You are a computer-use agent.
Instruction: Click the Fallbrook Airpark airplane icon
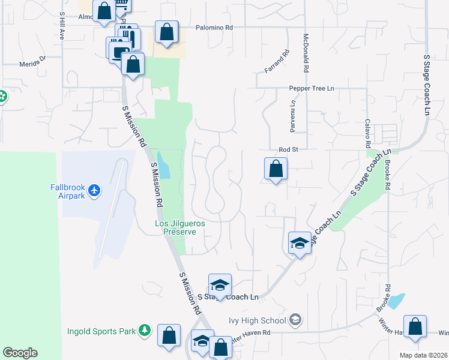click(94, 191)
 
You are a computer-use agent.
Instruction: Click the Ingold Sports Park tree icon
click(144, 330)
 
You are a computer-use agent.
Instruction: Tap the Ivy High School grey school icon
click(295, 319)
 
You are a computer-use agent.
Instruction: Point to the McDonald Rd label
click(305, 53)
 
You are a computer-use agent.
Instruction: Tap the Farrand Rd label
click(277, 61)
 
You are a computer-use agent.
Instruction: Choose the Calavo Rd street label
click(367, 133)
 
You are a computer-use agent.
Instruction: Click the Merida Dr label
click(32, 62)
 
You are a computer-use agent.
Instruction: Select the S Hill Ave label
click(61, 25)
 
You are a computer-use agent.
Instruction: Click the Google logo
click(20, 353)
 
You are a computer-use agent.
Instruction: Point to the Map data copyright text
click(424, 355)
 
